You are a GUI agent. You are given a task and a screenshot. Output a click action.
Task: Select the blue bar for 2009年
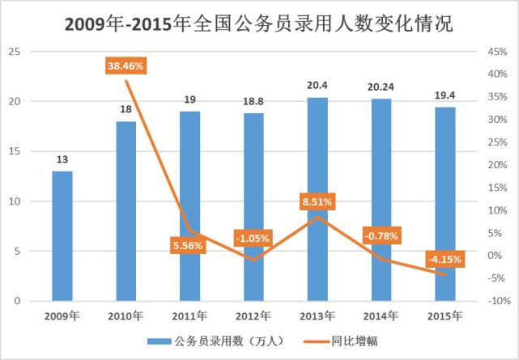click(62, 235)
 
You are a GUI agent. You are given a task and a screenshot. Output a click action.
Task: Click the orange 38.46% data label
click(125, 66)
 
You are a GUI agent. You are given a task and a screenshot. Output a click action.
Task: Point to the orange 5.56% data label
click(189, 244)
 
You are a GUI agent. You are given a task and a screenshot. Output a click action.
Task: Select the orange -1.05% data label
click(252, 239)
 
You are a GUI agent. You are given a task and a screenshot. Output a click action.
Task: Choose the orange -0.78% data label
click(380, 235)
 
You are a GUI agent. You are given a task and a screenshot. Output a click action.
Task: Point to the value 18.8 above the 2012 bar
click(253, 103)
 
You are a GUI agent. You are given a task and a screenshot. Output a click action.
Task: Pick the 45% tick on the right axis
click(496, 52)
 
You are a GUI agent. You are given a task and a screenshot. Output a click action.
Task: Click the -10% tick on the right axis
click(496, 301)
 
